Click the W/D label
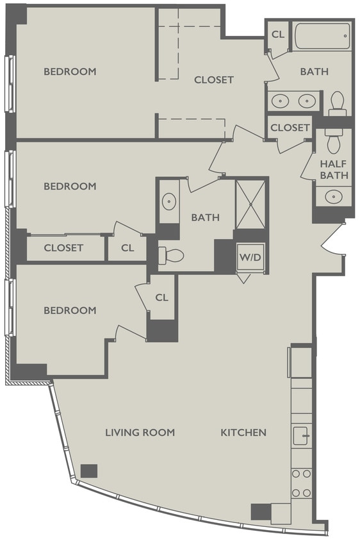(250, 257)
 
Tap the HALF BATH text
(333, 169)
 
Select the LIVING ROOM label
(140, 433)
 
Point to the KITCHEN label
(243, 433)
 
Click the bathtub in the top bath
(322, 36)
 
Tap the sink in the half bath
(333, 196)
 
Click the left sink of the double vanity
(280, 101)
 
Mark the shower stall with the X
(250, 204)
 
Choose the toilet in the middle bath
(172, 256)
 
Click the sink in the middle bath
(168, 202)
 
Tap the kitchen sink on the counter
(301, 437)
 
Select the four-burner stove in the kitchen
(301, 483)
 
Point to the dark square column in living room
(89, 470)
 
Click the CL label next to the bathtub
(278, 34)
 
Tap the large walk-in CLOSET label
(214, 80)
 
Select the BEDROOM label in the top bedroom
(70, 71)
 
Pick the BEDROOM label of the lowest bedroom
(70, 310)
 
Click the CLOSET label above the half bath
(290, 128)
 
